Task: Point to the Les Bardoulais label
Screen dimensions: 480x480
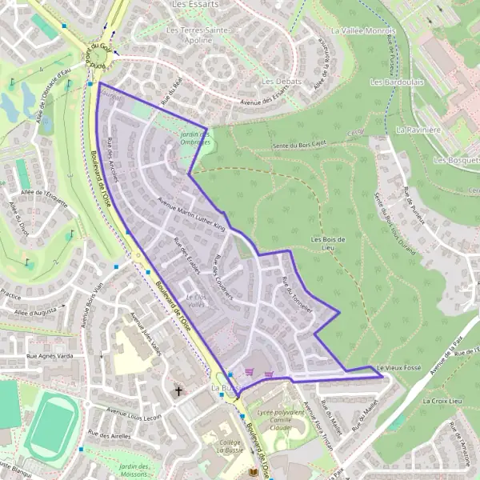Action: tap(397, 82)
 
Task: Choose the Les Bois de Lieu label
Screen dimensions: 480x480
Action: tap(327, 243)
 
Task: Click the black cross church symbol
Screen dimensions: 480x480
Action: tap(178, 391)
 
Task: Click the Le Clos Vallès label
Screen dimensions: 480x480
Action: tap(196, 300)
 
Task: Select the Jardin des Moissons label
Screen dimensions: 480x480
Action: tap(135, 470)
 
